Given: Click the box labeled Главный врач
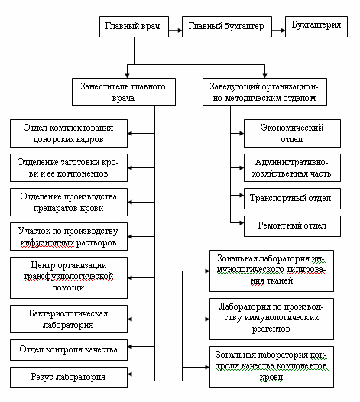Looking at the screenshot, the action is click(x=134, y=27).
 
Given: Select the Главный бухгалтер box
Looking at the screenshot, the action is click(x=227, y=27).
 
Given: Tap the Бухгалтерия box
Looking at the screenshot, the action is click(x=316, y=27).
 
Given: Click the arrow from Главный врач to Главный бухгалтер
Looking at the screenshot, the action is click(x=175, y=31).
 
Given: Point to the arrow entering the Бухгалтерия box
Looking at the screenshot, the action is click(x=278, y=31).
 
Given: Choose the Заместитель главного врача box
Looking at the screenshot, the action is click(x=124, y=92).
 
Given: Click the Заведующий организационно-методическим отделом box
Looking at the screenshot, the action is click(x=265, y=92).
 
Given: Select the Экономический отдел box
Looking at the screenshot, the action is click(x=292, y=133).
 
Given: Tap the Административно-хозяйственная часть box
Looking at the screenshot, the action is click(x=292, y=167).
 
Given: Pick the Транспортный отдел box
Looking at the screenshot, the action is click(x=292, y=199).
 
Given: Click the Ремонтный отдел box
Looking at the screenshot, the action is click(x=292, y=226).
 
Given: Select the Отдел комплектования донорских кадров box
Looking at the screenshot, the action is click(x=69, y=133).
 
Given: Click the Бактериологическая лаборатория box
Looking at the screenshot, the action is click(x=69, y=319).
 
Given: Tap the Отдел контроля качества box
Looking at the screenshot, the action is click(x=69, y=350).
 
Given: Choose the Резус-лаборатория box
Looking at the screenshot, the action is click(x=69, y=378).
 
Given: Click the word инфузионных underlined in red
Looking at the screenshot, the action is click(x=47, y=242).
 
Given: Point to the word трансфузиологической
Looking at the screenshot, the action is click(x=69, y=277).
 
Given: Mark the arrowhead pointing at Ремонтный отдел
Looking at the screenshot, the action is click(x=242, y=223).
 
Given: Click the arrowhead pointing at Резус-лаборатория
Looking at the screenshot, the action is click(x=130, y=374).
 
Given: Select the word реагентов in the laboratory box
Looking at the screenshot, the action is click(x=271, y=329).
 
